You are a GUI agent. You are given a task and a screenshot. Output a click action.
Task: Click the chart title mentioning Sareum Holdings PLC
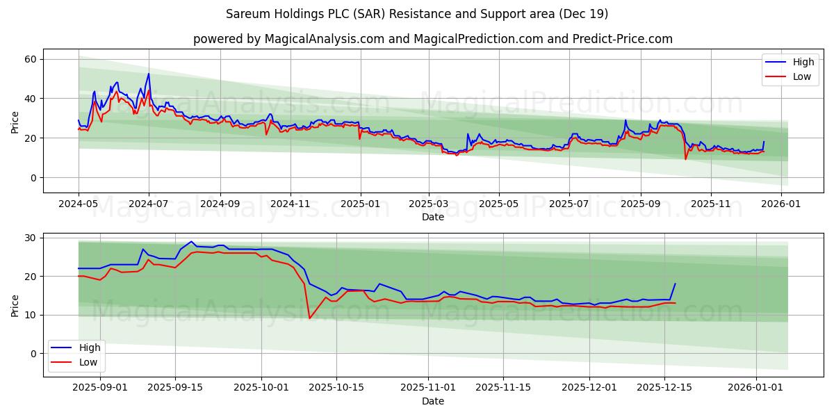pyautogui.click(x=417, y=14)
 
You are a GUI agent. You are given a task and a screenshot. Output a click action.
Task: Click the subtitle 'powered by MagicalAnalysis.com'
pyautogui.click(x=433, y=39)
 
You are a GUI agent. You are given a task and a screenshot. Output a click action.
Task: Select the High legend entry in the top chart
pyautogui.click(x=793, y=62)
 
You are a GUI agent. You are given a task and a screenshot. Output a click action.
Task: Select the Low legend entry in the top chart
pyautogui.click(x=793, y=76)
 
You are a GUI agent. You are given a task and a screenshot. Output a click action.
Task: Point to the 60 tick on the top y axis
pyautogui.click(x=30, y=59)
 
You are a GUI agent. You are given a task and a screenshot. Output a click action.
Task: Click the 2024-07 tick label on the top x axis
pyautogui.click(x=149, y=205)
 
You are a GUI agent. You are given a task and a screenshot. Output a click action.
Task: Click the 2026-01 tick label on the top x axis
pyautogui.click(x=781, y=205)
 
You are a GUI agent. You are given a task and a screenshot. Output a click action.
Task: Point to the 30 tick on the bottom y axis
pyautogui.click(x=30, y=238)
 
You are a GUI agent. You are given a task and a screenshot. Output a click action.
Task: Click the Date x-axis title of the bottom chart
pyautogui.click(x=433, y=401)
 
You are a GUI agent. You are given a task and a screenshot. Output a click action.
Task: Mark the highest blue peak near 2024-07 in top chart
pyautogui.click(x=148, y=74)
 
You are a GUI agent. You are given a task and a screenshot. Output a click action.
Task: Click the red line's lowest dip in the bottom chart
pyautogui.click(x=309, y=318)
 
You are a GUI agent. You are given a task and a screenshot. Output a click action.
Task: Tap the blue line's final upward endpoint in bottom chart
pyautogui.click(x=675, y=284)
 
